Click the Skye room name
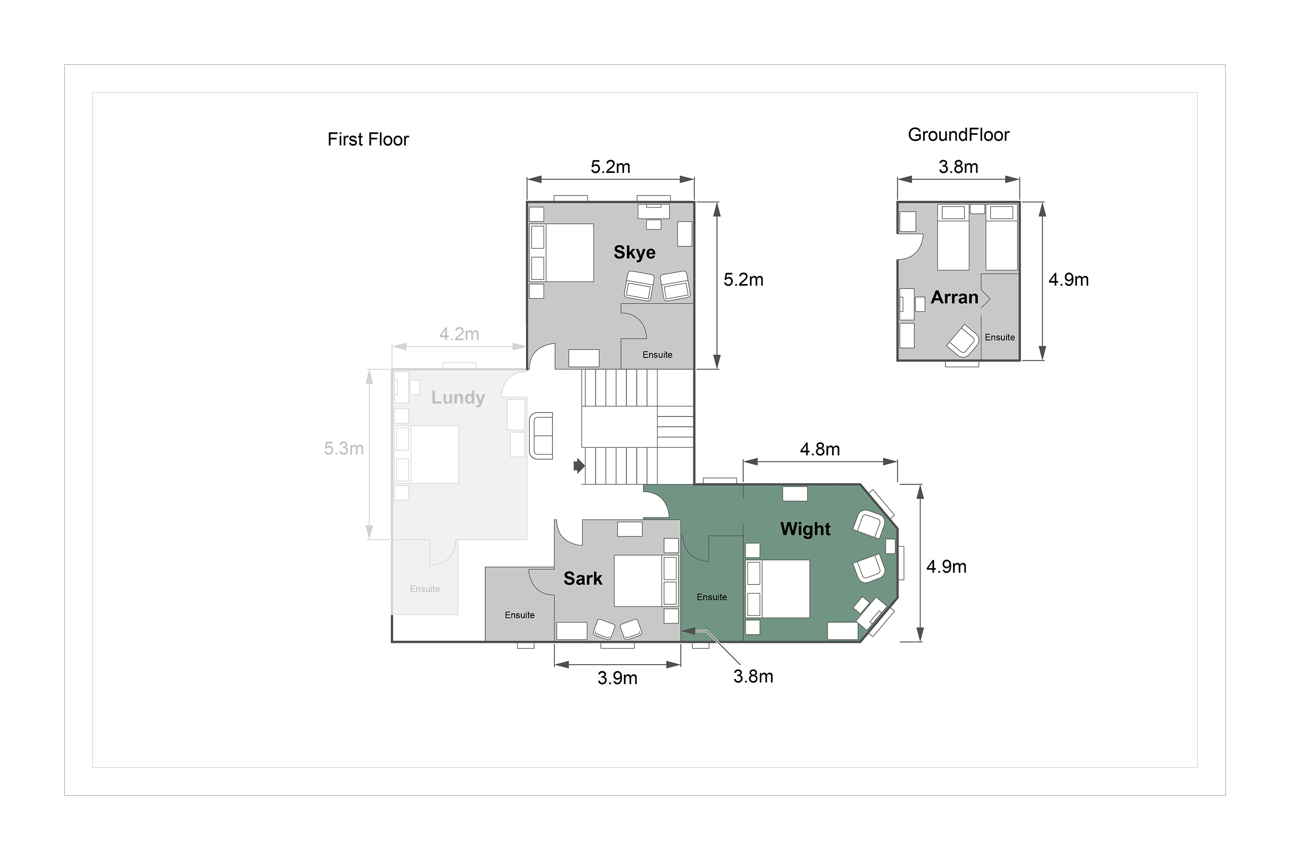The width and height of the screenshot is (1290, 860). click(634, 253)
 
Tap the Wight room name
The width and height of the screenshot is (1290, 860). click(805, 529)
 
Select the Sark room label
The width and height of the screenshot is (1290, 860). click(583, 579)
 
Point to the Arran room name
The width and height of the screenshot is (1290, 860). click(954, 297)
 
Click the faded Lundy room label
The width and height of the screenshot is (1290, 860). click(458, 398)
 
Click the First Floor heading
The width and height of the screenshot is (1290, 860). click(368, 139)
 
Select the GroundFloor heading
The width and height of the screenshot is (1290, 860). click(959, 135)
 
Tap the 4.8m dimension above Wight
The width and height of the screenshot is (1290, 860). click(820, 450)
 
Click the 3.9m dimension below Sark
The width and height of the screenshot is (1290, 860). click(617, 679)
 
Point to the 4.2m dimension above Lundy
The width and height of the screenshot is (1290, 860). click(459, 334)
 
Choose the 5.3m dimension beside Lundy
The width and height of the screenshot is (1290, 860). click(344, 449)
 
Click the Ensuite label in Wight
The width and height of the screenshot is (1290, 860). click(712, 597)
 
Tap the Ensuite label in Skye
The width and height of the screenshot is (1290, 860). click(657, 355)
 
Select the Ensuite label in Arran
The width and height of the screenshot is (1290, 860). click(1000, 337)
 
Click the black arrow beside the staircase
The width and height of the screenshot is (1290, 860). click(579, 466)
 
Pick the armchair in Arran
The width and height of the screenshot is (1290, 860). click(963, 341)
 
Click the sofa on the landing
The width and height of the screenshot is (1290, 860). click(541, 436)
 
